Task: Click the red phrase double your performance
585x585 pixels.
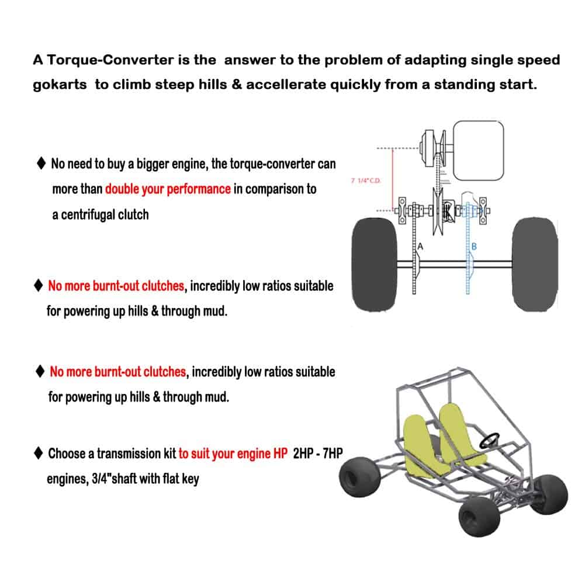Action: click(x=168, y=189)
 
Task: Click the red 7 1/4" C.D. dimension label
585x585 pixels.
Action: click(x=365, y=181)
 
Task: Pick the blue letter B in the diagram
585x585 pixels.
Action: click(x=474, y=247)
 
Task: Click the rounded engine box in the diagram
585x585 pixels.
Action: click(x=479, y=151)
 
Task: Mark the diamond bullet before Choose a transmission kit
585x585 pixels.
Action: click(x=39, y=453)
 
